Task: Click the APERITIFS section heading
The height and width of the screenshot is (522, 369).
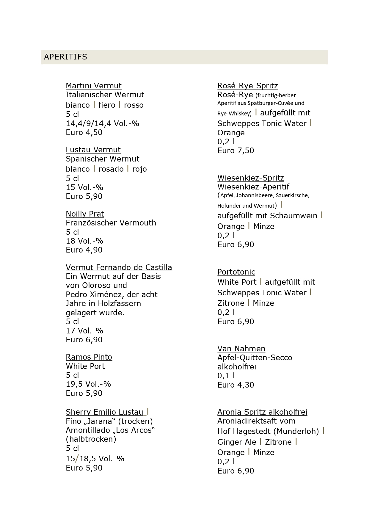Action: point(65,57)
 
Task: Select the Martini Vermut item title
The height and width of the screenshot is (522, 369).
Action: point(93,86)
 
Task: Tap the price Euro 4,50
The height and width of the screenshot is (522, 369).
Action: point(84,132)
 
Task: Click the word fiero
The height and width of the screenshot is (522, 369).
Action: point(107,105)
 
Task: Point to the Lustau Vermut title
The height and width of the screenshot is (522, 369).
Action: point(93,150)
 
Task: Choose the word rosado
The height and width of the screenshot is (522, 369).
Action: point(111,169)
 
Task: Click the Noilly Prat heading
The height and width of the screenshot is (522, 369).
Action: point(85,214)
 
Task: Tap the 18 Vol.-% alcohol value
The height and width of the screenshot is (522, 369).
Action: point(84,241)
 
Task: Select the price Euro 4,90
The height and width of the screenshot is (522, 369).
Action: point(84,250)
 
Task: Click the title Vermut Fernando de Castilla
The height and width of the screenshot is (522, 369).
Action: point(119,267)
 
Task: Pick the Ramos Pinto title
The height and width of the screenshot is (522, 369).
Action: point(89,357)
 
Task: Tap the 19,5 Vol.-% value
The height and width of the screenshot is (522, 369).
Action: point(88,384)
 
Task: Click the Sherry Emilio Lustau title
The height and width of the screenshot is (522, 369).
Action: point(104,412)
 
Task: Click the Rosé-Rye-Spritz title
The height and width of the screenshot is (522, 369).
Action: point(247,86)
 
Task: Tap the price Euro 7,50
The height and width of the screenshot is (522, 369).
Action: point(235,151)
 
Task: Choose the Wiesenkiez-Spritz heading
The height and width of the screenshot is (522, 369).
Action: point(250,178)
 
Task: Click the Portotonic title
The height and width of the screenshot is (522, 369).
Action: point(236,272)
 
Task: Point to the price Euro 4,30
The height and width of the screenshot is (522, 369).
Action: point(235,385)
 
